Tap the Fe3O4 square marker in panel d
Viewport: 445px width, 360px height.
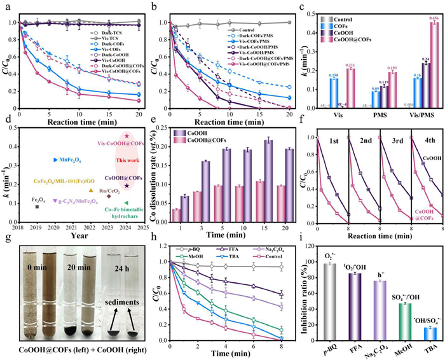click(x=38, y=206)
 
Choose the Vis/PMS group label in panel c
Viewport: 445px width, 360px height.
click(x=413, y=116)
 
